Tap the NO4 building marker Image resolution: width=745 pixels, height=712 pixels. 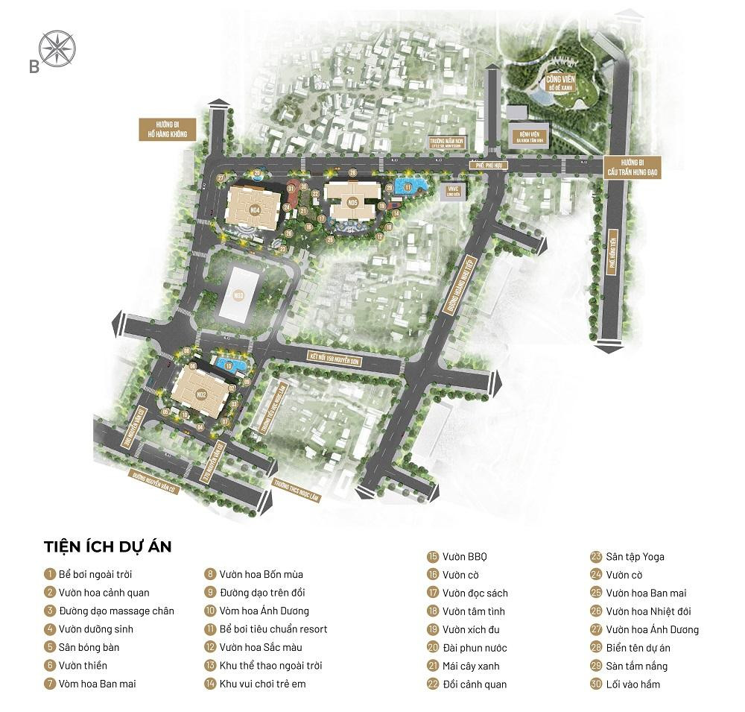pos(256,210)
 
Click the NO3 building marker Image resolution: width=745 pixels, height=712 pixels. pos(238,295)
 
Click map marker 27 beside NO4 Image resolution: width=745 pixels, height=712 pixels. pos(221,177)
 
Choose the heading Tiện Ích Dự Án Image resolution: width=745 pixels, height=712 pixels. pos(107,546)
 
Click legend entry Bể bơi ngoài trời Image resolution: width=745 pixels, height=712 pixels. pos(97,574)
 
